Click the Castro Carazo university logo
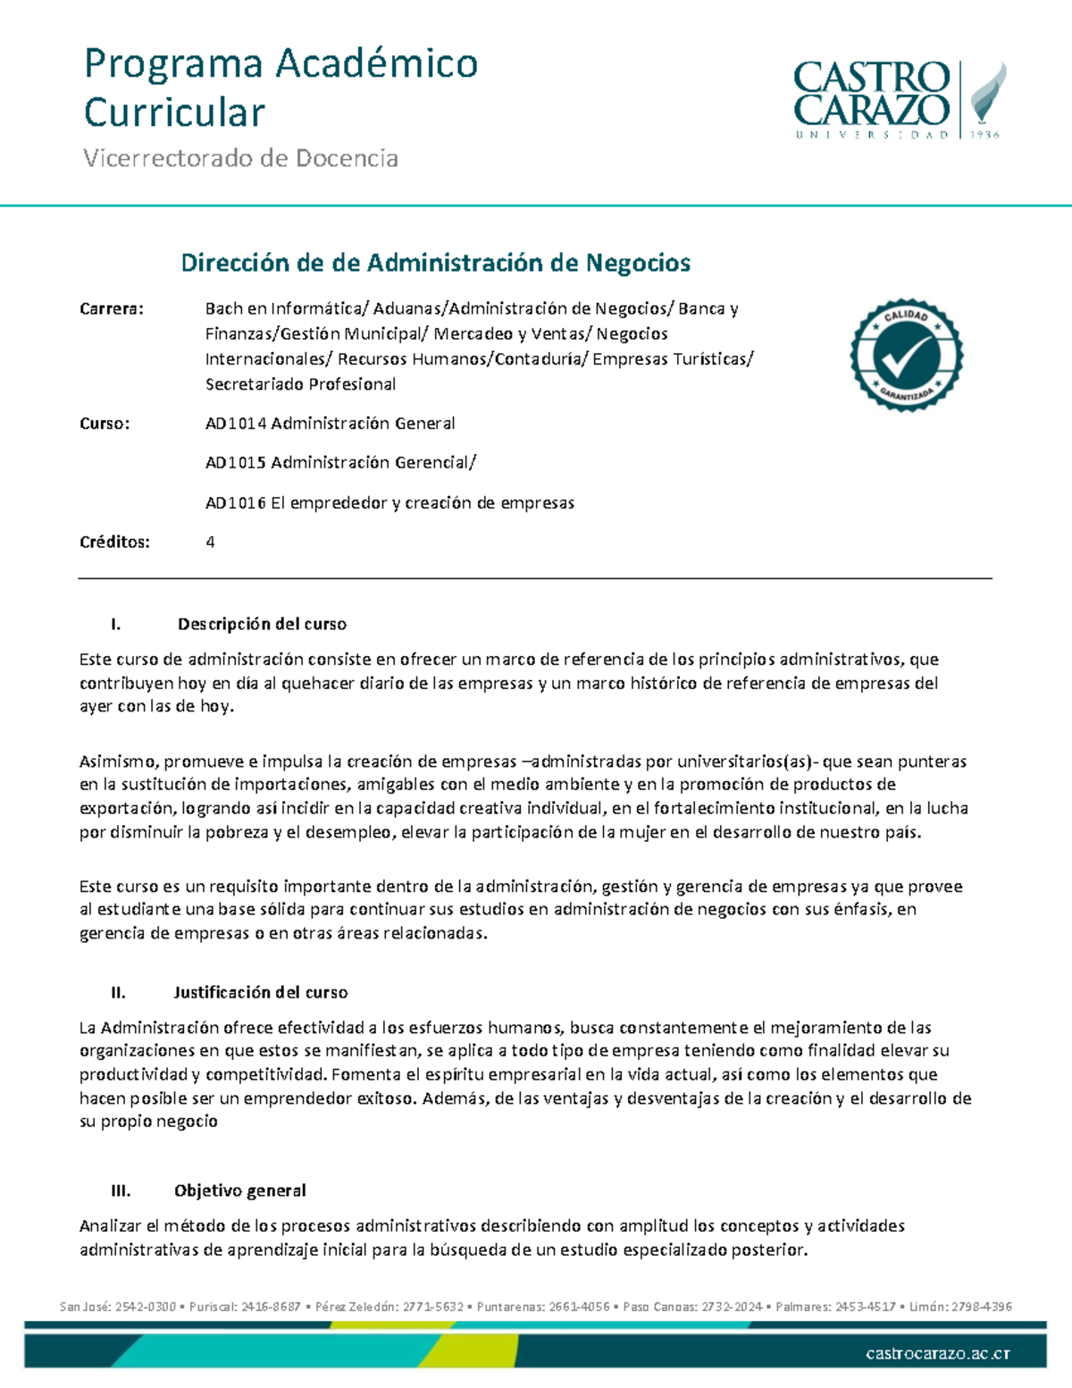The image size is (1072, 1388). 899,99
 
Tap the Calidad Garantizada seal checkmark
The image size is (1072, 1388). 906,356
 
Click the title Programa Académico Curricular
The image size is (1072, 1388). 281,88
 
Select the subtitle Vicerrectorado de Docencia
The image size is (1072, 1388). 240,158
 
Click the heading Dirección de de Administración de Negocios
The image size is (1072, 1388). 435,263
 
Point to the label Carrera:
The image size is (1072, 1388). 112,309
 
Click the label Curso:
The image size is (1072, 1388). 105,424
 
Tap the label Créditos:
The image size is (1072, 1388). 114,542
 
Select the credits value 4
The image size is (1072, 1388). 210,542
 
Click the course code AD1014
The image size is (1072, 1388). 236,424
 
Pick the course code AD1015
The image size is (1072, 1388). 236,463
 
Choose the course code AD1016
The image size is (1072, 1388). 236,503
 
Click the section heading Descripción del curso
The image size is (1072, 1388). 262,624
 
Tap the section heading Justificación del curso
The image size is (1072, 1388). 260,992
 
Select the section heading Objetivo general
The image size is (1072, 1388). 239,1190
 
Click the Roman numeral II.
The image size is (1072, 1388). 118,992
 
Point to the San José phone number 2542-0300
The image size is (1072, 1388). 147,1307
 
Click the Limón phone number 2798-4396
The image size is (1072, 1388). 981,1307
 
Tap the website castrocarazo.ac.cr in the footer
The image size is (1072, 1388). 937,1353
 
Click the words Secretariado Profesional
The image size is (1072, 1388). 300,384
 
